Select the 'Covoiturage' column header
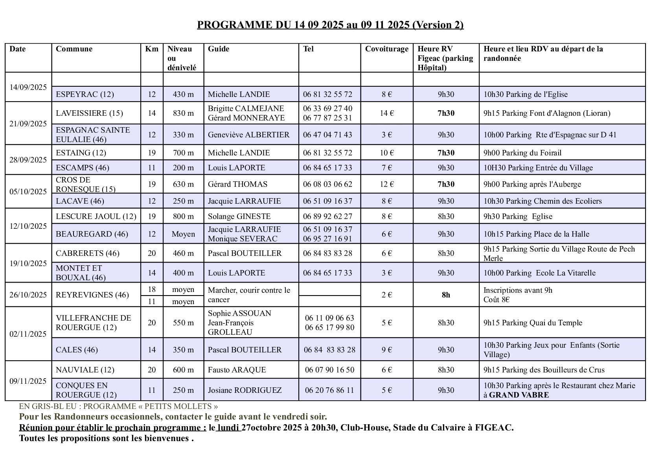pyautogui.click(x=386, y=49)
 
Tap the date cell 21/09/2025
pyautogui.click(x=28, y=124)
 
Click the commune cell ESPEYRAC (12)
pyautogui.click(x=85, y=94)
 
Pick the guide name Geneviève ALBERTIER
pyautogui.click(x=248, y=135)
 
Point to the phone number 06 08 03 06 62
pyautogui.click(x=327, y=184)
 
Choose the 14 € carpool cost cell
pyautogui.click(x=386, y=113)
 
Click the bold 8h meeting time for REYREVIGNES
pyautogui.click(x=446, y=295)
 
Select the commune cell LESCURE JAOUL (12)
pyautogui.click(x=96, y=216)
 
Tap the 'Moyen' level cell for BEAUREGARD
pyautogui.click(x=183, y=234)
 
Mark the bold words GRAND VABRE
pyautogui.click(x=519, y=395)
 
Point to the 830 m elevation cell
pyautogui.click(x=183, y=113)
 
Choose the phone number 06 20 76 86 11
pyautogui.click(x=329, y=390)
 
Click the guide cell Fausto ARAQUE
pyautogui.click(x=237, y=370)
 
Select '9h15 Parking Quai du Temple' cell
pyautogui.click(x=533, y=323)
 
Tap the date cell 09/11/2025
pyautogui.click(x=28, y=381)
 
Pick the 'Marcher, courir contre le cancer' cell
pyautogui.click(x=249, y=295)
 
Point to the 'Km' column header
pyautogui.click(x=152, y=49)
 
